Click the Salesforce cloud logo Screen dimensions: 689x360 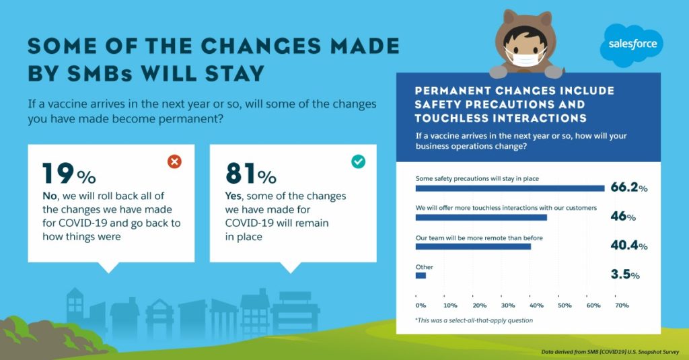(631, 44)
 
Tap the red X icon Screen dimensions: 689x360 (174, 161)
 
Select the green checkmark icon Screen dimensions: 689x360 (358, 161)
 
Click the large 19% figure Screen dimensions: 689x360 (69, 173)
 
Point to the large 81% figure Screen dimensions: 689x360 (251, 173)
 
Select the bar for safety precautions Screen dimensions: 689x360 (510, 188)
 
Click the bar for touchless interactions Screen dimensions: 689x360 (481, 217)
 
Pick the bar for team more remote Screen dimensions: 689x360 (473, 246)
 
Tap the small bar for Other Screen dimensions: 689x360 (421, 276)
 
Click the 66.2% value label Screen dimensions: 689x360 (629, 187)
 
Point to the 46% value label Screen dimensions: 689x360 (623, 216)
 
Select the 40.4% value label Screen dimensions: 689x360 (629, 246)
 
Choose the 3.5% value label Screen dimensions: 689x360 (625, 275)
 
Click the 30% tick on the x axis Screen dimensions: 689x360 (507, 305)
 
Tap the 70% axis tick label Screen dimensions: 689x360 (622, 305)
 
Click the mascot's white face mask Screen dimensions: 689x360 (525, 57)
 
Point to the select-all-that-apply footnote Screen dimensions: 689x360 (474, 320)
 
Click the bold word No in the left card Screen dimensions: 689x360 (50, 196)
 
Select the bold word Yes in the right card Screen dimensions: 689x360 (233, 196)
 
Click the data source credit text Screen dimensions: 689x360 (610, 352)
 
